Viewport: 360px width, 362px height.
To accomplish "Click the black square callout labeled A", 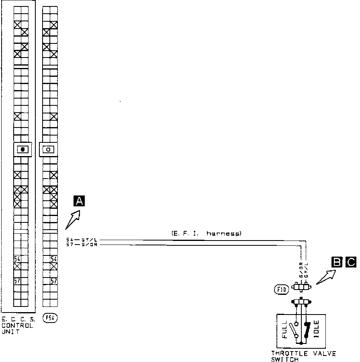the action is tap(79, 201).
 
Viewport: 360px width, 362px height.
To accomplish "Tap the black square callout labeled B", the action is tap(336, 262).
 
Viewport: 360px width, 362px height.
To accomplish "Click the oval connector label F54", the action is tap(50, 318).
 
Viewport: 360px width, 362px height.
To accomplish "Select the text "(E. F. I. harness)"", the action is tap(206, 233).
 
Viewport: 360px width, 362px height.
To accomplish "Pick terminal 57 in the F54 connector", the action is tap(53, 281).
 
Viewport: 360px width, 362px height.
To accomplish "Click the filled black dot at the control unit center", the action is tap(23, 149).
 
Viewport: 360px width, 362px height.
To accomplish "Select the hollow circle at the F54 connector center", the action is tap(48, 149).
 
